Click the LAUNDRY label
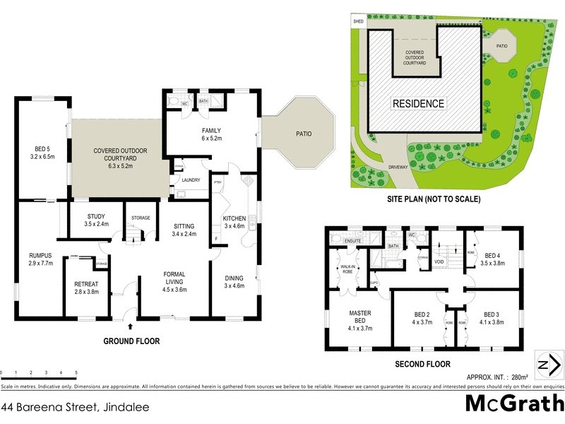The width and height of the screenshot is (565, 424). [x=191, y=180]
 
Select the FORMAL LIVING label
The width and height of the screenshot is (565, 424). [x=174, y=278]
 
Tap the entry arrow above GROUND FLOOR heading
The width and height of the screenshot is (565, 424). [x=131, y=326]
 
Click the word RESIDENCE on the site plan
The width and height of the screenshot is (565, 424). [x=420, y=104]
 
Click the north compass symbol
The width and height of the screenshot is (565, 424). [x=549, y=365]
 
